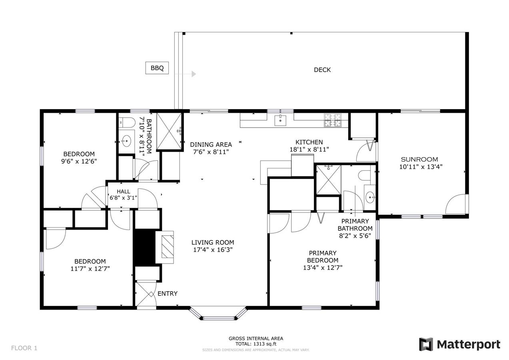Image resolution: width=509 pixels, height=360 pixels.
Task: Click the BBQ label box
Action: point(157,68)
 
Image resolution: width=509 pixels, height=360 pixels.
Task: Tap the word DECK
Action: point(322,70)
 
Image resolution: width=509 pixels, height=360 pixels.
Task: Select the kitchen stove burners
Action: point(333,120)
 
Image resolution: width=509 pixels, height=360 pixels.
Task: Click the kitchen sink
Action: point(280,120)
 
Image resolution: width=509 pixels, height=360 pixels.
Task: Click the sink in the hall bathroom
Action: point(126,141)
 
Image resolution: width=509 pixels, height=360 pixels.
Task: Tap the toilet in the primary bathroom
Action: point(364,175)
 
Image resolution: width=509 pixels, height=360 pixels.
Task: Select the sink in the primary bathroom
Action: point(370,197)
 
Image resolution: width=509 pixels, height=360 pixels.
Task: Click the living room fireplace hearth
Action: point(165,247)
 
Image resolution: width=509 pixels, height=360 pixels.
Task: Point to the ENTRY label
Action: point(168,294)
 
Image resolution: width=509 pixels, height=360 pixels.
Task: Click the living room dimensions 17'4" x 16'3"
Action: point(213,250)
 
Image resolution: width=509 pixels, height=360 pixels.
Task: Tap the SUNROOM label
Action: point(419,159)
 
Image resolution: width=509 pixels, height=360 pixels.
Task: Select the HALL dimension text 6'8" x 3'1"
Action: point(124,198)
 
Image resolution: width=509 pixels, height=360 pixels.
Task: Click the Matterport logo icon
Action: point(425,344)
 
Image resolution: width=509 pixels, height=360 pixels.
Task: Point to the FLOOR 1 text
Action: point(24,348)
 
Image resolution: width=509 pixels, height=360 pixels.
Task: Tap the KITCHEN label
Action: point(309,142)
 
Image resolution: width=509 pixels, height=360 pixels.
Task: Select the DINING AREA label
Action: point(211,144)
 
